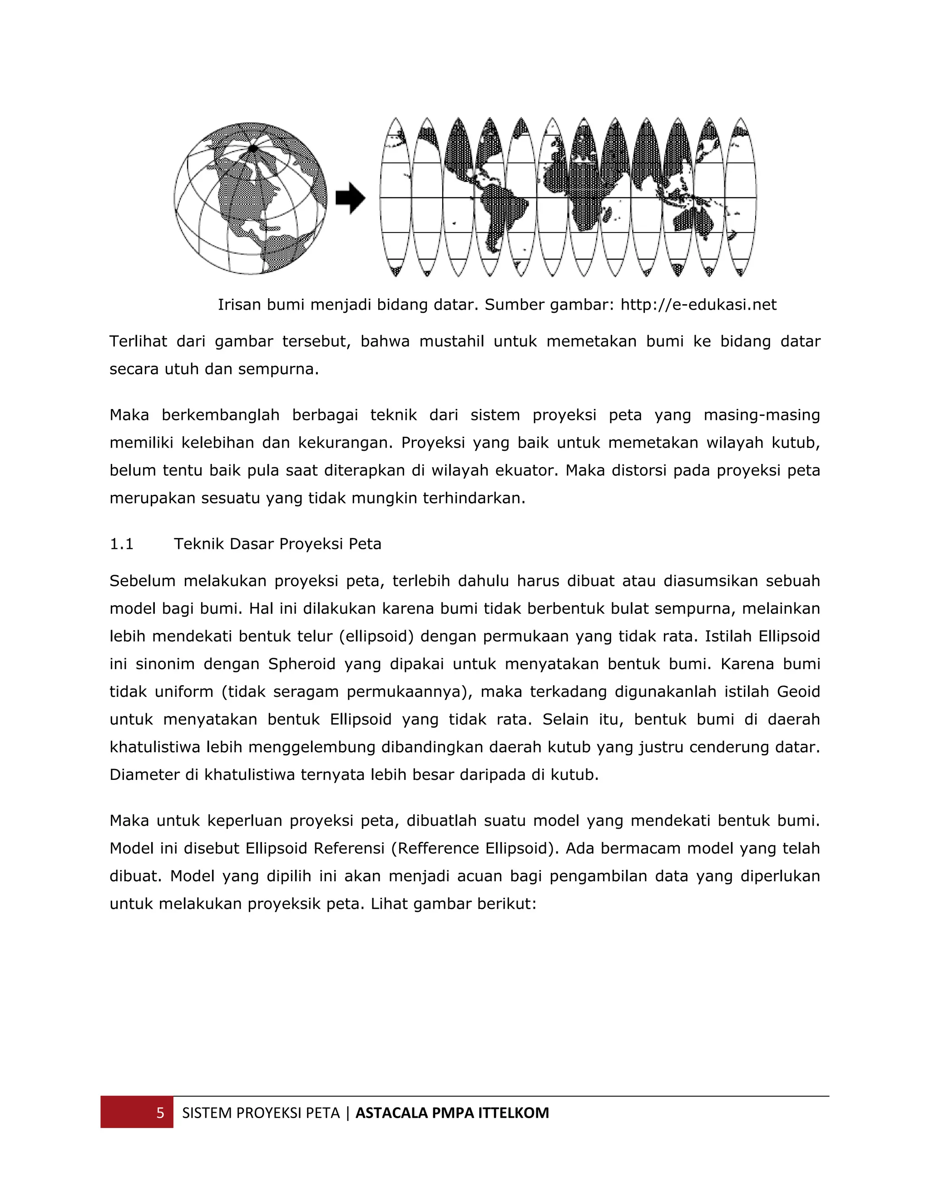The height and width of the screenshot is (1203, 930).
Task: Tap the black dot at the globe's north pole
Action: [x=252, y=148]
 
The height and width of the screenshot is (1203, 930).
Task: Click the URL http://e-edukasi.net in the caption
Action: [x=698, y=305]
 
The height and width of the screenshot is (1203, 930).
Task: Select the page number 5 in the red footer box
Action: [x=160, y=1113]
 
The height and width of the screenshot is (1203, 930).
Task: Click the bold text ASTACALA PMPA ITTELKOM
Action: [x=452, y=1113]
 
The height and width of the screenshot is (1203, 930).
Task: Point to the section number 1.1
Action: [x=121, y=544]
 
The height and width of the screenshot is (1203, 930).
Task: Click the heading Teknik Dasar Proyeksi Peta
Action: [x=277, y=544]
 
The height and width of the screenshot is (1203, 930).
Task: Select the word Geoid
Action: [x=798, y=691]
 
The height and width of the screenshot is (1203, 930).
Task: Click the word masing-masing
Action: [x=762, y=415]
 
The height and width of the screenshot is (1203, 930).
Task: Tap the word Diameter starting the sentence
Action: [x=144, y=775]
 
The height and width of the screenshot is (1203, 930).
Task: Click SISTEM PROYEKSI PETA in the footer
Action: [x=261, y=1113]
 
